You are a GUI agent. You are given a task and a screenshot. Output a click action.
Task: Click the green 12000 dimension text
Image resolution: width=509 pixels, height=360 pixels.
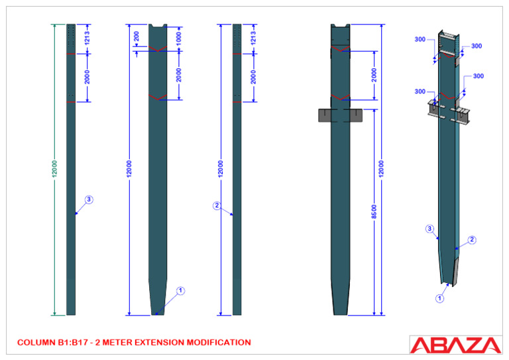pos(55,168)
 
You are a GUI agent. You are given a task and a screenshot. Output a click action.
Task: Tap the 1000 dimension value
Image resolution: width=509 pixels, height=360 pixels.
pos(178,38)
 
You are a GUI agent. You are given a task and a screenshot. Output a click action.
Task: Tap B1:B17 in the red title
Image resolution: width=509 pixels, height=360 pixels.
pos(74,343)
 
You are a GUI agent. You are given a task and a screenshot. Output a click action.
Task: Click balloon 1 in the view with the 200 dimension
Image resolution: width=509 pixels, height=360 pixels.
pos(181,290)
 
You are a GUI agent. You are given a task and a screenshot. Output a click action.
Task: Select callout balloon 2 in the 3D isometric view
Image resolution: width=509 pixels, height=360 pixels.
pos(472,240)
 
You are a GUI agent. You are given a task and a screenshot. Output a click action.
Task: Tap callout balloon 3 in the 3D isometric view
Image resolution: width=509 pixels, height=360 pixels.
pos(429,229)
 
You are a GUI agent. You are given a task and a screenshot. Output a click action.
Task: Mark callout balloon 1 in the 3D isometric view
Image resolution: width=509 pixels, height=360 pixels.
pos(439,298)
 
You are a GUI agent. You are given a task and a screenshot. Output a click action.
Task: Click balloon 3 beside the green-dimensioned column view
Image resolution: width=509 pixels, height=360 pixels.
pos(89,199)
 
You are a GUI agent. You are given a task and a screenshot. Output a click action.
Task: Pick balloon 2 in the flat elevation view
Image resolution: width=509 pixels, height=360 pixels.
pos(217,206)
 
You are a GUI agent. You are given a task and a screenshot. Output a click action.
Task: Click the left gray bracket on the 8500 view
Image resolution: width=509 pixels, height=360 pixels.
pos(324,115)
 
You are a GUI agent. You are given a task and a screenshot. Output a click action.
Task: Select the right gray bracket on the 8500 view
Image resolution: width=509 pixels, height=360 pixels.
pos(357,115)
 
